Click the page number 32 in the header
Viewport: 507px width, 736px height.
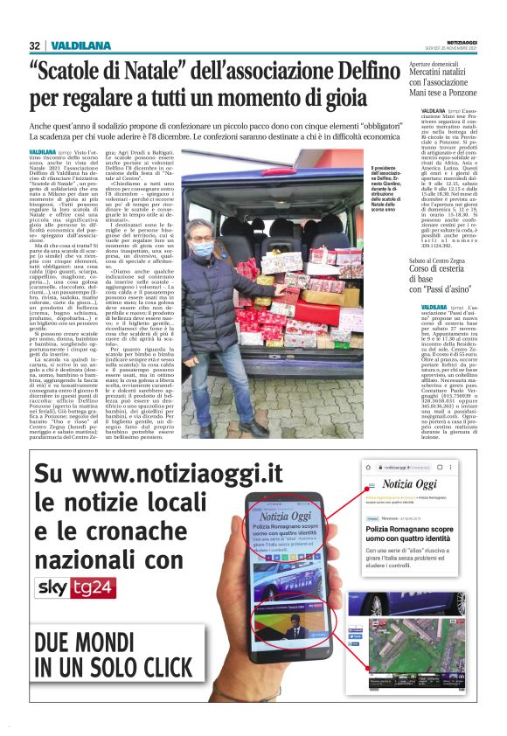point(34,45)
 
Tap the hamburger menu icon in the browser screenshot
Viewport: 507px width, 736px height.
point(371,484)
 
